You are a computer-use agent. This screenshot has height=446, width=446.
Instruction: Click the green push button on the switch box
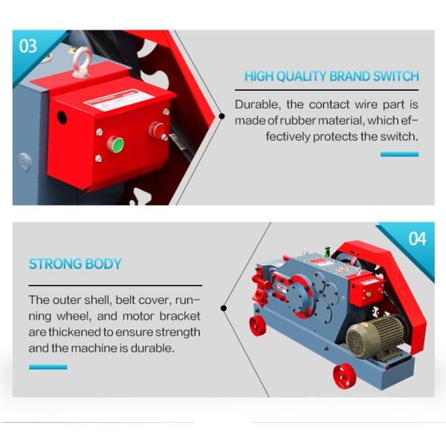click(x=116, y=143)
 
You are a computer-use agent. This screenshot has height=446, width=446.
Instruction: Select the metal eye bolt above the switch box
click(x=80, y=63)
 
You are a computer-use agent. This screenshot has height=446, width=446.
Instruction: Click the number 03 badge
click(x=28, y=46)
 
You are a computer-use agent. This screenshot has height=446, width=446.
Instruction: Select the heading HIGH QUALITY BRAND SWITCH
click(x=332, y=76)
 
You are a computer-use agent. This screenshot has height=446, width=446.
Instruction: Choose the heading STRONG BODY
click(x=75, y=264)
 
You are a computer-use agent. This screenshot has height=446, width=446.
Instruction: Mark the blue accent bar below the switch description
click(x=399, y=154)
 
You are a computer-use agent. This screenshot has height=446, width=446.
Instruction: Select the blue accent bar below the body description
click(x=48, y=366)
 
